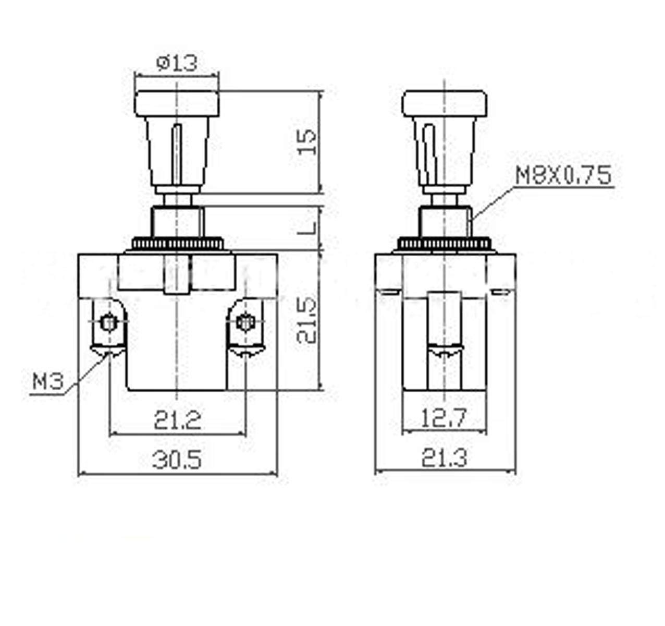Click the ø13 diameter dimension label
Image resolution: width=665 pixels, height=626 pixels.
tap(177, 63)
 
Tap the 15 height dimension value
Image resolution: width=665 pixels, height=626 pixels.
tap(307, 142)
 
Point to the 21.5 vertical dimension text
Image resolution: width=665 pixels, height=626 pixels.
tap(306, 321)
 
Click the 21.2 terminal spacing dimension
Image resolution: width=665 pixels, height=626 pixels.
tap(178, 420)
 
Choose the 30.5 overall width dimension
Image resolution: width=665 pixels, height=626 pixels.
tap(177, 460)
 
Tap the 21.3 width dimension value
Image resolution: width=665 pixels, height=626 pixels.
tap(444, 459)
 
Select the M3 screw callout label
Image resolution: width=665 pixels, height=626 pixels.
tap(48, 381)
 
